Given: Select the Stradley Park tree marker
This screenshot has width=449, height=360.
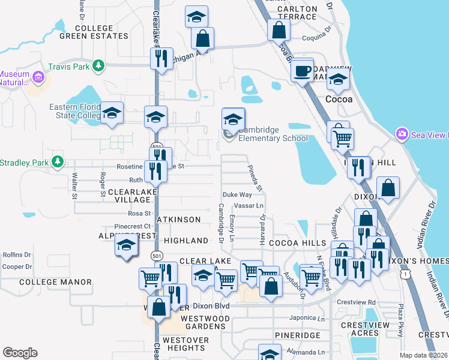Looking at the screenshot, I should (x=58, y=161).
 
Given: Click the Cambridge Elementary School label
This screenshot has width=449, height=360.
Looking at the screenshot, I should (x=273, y=134).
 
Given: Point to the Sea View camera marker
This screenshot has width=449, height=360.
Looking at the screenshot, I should (x=401, y=134).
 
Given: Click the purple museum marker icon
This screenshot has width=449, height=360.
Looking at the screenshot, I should (x=39, y=77).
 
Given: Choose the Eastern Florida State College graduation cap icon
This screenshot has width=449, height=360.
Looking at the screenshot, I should (x=112, y=113).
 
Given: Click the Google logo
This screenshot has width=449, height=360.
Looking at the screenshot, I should (x=20, y=353).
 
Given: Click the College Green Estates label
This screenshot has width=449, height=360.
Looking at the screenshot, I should (x=94, y=32).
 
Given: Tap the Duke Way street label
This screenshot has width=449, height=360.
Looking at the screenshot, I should (x=237, y=195).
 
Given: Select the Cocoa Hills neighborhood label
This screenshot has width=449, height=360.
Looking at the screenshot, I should (x=297, y=242).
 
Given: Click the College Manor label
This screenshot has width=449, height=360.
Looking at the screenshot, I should (x=55, y=282).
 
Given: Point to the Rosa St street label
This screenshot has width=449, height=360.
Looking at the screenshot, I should (x=139, y=213).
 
